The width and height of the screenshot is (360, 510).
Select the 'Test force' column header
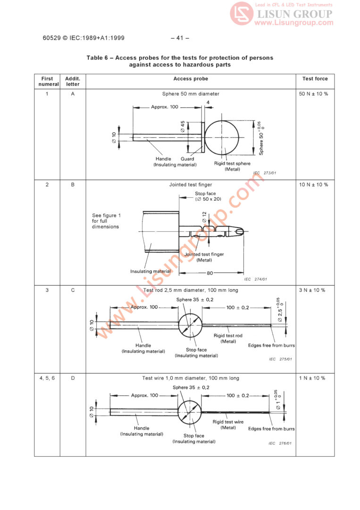pyautogui.click(x=315, y=79)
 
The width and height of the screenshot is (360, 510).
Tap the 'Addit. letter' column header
pyautogui.click(x=73, y=81)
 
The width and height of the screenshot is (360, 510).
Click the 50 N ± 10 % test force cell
pyautogui.click(x=313, y=94)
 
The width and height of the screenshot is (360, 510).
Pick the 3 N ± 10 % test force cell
pyautogui.click(x=312, y=290)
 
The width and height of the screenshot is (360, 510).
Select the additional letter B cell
pyautogui.click(x=73, y=185)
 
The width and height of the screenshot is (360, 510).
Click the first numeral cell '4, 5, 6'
pyautogui.click(x=47, y=378)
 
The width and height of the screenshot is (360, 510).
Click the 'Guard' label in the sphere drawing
pyautogui.click(x=187, y=159)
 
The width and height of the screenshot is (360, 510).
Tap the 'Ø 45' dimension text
pyautogui.click(x=183, y=126)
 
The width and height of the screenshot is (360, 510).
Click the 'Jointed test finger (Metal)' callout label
pyautogui.click(x=204, y=257)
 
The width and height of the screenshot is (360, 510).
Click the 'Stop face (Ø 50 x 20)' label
pyautogui.click(x=208, y=196)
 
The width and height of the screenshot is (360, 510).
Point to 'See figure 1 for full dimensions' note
pyautogui.click(x=106, y=221)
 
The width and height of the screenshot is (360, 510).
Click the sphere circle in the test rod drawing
pyautogui.click(x=190, y=325)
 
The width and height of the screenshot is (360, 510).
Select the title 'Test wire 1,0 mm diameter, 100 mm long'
pyautogui.click(x=191, y=378)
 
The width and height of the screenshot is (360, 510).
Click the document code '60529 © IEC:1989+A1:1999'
pyautogui.click(x=84, y=38)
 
